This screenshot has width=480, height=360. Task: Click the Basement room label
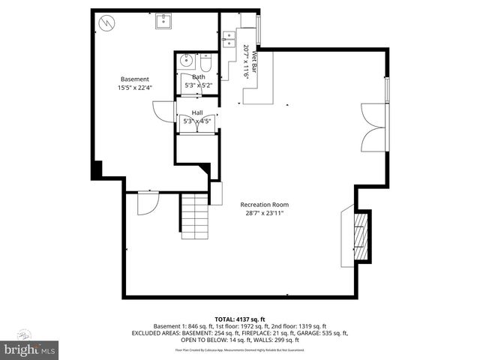(x=135, y=79)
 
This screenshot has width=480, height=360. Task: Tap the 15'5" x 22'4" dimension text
(x=135, y=88)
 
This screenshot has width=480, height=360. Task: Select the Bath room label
(x=199, y=76)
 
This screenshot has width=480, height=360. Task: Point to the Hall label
(x=197, y=112)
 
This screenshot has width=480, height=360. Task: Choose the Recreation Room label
(x=264, y=205)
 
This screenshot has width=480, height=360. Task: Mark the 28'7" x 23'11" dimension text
(x=264, y=213)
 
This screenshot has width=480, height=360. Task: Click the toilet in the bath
(x=208, y=61)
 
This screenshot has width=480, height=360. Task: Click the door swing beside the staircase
(x=146, y=203)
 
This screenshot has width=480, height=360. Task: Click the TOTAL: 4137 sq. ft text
(x=240, y=319)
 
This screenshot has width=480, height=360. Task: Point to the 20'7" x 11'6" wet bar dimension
(x=246, y=61)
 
